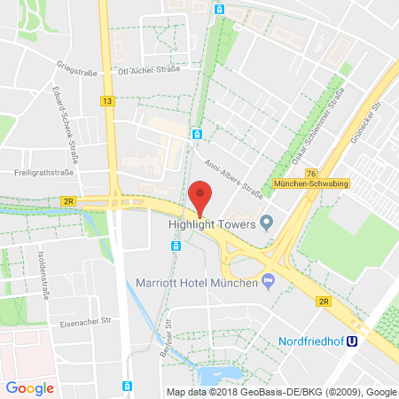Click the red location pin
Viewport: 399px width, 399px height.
[202, 196]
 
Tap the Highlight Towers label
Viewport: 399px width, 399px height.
[210, 224]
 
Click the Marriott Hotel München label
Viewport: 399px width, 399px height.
[197, 283]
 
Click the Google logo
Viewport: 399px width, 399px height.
[29, 387]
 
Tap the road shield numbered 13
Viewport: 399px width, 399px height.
[107, 101]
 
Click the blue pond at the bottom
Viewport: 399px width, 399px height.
[216, 377]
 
